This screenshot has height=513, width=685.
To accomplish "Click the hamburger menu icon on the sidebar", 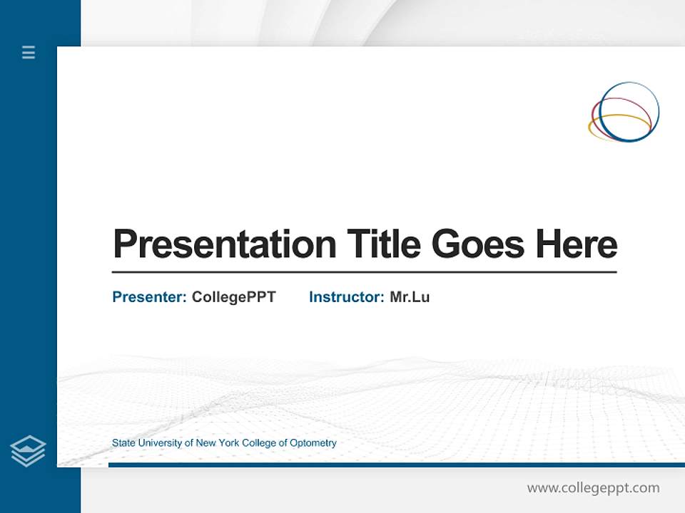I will tap(29, 52).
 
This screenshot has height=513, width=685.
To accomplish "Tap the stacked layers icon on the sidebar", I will tap(28, 451).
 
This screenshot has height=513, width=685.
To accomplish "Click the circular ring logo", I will tap(624, 111).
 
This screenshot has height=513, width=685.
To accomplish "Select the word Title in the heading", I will tap(384, 244).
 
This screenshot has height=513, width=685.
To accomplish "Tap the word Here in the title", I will tap(577, 244).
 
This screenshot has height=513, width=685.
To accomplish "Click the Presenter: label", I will tap(149, 297).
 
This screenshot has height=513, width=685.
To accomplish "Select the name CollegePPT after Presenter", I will tap(233, 297).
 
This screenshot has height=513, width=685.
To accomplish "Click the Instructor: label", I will tap(346, 297).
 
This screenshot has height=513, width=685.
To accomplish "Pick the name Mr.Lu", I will tap(410, 297).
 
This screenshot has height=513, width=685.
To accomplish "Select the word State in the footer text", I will tap(123, 443).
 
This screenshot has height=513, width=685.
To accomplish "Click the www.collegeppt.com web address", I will tap(593, 488).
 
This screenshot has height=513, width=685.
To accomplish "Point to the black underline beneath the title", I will tap(364, 272).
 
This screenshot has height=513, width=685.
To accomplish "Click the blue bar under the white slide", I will tap(396, 465).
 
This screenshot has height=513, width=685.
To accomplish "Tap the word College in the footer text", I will tap(259, 443).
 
